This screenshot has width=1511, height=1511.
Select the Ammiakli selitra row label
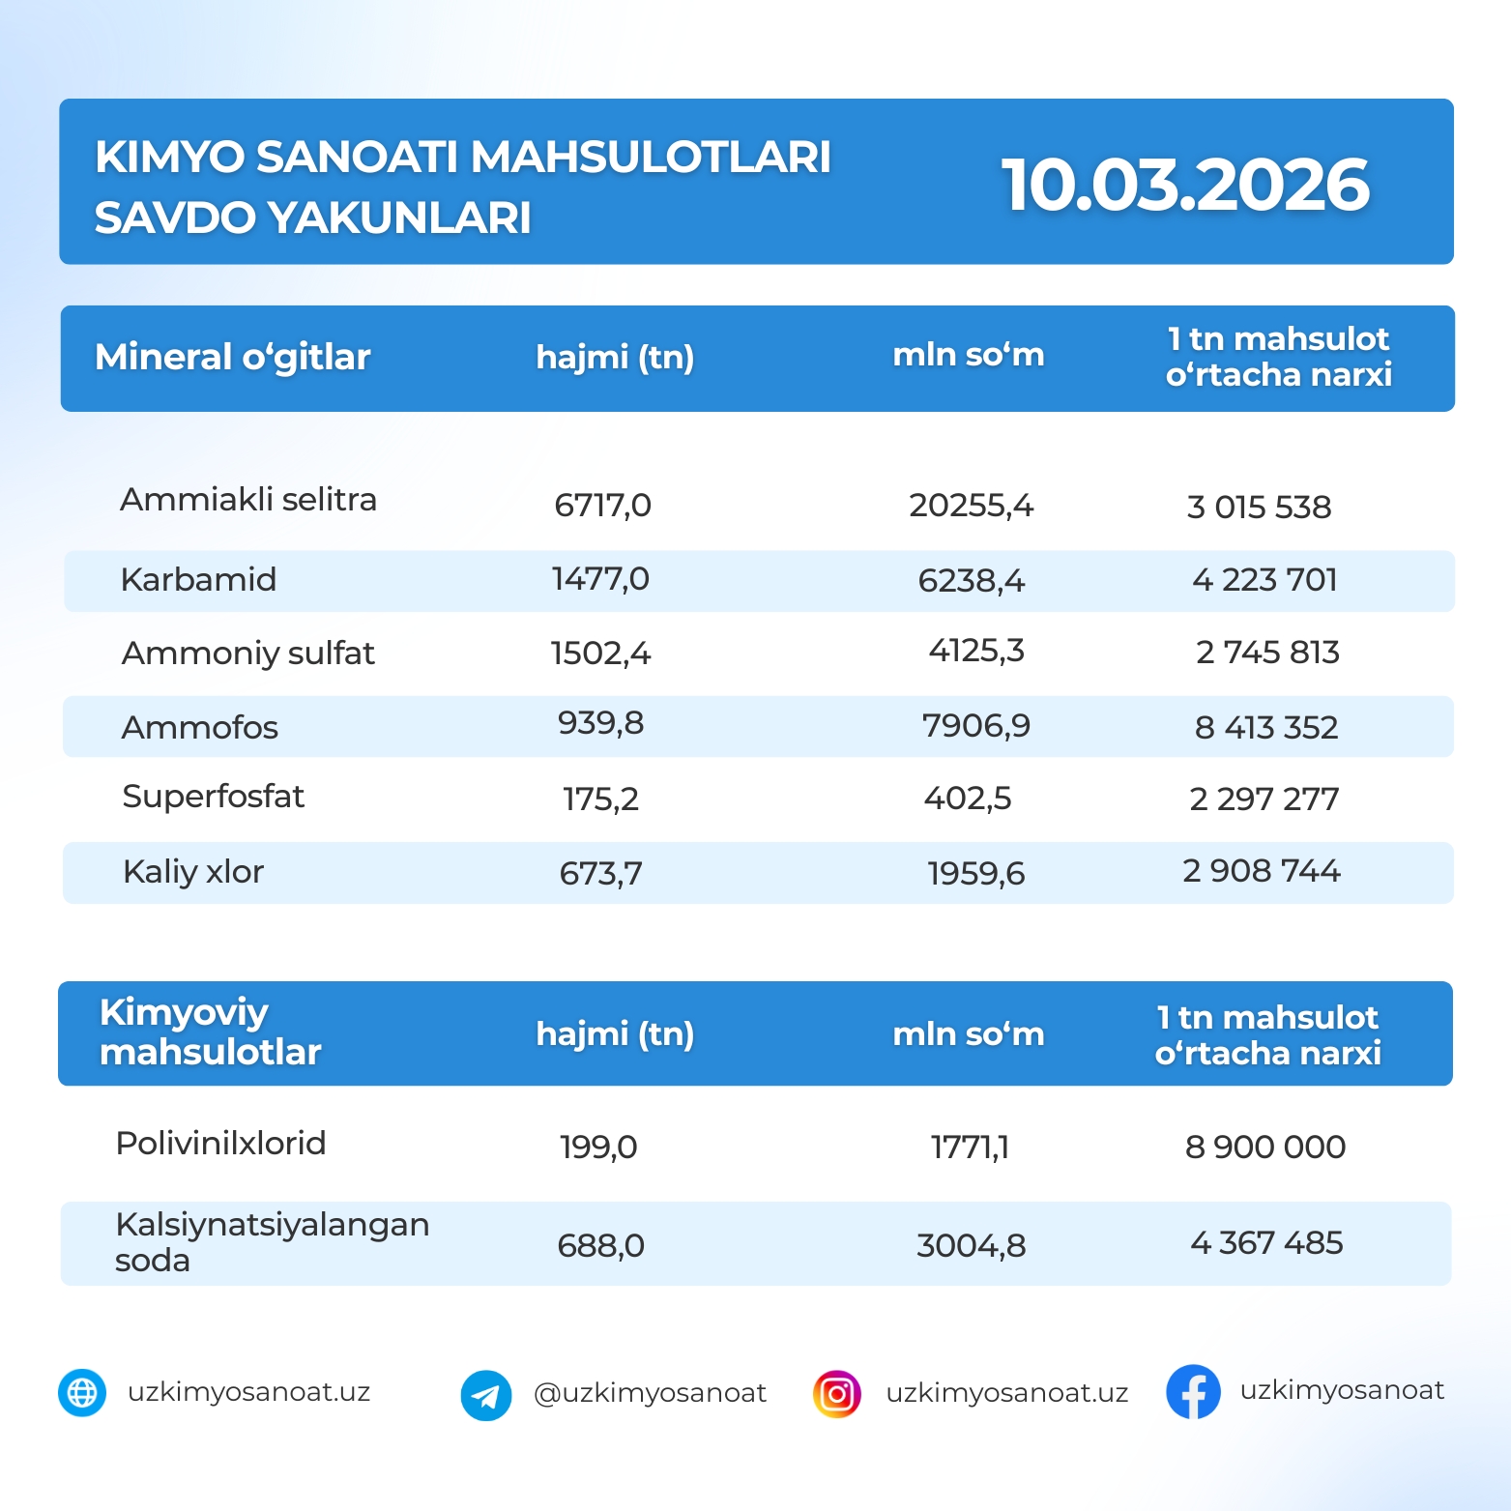point(248,500)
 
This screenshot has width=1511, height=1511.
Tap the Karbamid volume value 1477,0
point(600,579)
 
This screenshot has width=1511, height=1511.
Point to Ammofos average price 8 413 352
point(1266,727)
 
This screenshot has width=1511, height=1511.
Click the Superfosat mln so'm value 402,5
point(968,799)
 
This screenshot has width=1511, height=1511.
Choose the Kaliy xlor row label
point(193,872)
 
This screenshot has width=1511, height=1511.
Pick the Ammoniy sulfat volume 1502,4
point(600,654)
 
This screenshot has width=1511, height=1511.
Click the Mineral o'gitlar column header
point(233,357)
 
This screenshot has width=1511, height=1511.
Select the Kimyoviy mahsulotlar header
point(210,1032)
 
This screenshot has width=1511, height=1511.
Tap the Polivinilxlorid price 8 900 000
point(1265,1147)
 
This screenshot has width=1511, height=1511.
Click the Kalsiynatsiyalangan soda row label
point(272,1242)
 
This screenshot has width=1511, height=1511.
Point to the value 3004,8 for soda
point(971,1245)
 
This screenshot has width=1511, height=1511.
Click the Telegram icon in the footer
point(486,1395)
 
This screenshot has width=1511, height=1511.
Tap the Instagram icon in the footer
point(837,1394)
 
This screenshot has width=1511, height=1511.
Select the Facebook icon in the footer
point(1193,1392)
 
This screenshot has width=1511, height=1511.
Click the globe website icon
point(82,1393)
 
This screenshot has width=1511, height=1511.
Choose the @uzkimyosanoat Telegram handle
point(650,1393)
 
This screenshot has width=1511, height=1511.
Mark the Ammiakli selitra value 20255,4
point(971,506)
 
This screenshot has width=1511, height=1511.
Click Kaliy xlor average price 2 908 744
point(1262,871)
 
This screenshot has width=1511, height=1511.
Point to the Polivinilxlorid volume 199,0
point(598,1148)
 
